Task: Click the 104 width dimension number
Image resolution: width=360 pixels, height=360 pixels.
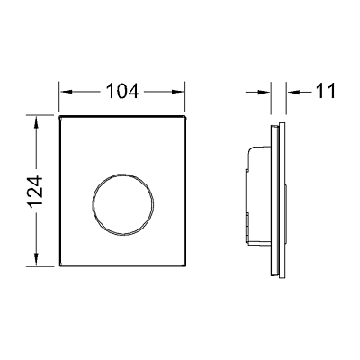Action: pyautogui.click(x=122, y=91)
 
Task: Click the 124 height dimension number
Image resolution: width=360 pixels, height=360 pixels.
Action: pyautogui.click(x=36, y=192)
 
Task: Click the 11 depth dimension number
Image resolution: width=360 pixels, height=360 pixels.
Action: pyautogui.click(x=326, y=91)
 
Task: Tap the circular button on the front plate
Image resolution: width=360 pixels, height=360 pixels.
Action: pyautogui.click(x=123, y=204)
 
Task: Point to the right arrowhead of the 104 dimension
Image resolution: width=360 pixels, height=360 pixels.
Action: pyautogui.click(x=177, y=92)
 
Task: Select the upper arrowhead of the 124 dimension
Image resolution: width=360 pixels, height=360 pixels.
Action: pyautogui.click(x=36, y=123)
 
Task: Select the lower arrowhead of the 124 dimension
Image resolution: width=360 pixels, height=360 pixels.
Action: pyautogui.click(x=36, y=259)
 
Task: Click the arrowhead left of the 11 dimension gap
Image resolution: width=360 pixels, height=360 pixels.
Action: pyautogui.click(x=264, y=93)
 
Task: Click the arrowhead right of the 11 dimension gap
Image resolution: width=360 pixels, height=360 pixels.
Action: pyautogui.click(x=292, y=93)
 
